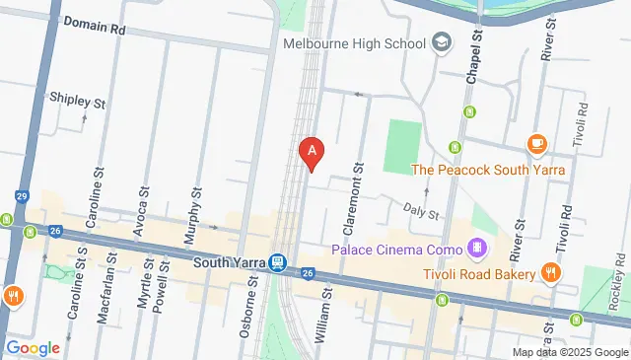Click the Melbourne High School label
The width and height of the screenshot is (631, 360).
tap(354, 43)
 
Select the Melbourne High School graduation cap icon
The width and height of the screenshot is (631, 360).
tap(441, 42)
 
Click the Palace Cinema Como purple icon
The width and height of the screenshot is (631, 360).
tap(478, 246)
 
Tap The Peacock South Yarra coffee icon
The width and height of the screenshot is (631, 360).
tap(537, 145)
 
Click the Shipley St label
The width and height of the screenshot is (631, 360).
tap(77, 102)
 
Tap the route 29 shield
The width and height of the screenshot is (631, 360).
tap(21, 195)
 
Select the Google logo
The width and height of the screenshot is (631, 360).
tap(32, 347)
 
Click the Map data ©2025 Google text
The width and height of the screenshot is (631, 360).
tap(569, 352)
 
